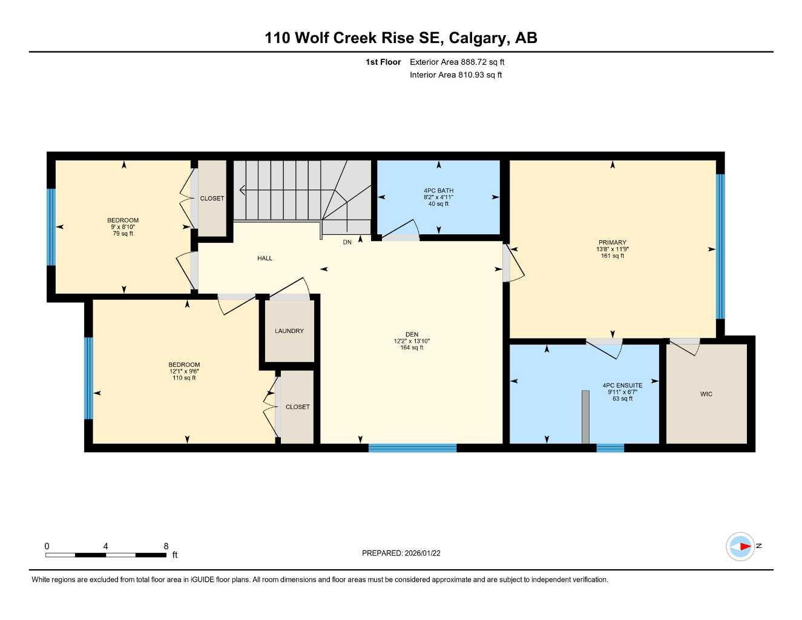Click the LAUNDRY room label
click(x=289, y=331)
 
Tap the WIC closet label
click(x=706, y=394)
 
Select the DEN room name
click(x=412, y=335)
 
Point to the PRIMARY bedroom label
click(x=612, y=242)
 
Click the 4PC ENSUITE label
click(x=622, y=386)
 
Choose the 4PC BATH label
click(x=438, y=191)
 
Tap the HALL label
click(x=265, y=259)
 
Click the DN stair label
click(x=347, y=242)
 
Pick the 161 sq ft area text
click(x=612, y=256)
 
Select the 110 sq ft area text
click(x=184, y=378)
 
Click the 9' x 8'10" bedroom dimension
click(x=123, y=227)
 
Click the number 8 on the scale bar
click(x=166, y=546)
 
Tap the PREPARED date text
click(x=401, y=553)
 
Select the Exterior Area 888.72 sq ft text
click(x=457, y=62)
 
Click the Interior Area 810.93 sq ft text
click(x=456, y=75)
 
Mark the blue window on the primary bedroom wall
click(x=720, y=246)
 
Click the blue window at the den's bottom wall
click(x=412, y=448)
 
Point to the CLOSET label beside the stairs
click(x=212, y=199)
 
